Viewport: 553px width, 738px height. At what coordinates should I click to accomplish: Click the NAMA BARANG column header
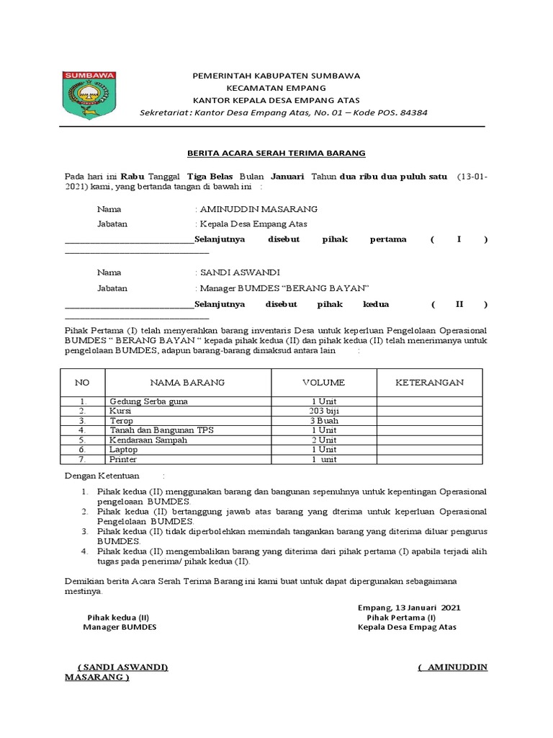pyautogui.click(x=187, y=382)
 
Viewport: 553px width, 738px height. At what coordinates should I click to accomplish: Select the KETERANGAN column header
pyautogui.click(x=429, y=382)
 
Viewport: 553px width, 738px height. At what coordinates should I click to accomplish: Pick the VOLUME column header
pyautogui.click(x=323, y=382)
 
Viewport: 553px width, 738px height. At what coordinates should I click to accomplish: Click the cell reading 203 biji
pyautogui.click(x=323, y=410)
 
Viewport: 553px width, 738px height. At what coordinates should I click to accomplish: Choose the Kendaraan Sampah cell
pyautogui.click(x=148, y=439)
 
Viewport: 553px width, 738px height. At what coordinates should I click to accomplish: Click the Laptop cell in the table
pyautogui.click(x=124, y=448)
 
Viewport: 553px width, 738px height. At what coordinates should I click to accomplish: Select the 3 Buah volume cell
pyautogui.click(x=323, y=420)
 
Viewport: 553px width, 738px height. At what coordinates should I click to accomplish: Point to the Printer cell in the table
pyautogui.click(x=123, y=458)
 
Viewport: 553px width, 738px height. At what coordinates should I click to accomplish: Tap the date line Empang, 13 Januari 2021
pyautogui.click(x=408, y=607)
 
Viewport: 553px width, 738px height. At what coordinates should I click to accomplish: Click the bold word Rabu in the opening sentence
pyautogui.click(x=132, y=176)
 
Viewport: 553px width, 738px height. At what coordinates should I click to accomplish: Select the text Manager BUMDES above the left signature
pyautogui.click(x=120, y=627)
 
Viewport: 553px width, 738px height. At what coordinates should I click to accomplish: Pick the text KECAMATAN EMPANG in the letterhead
pyautogui.click(x=276, y=87)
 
